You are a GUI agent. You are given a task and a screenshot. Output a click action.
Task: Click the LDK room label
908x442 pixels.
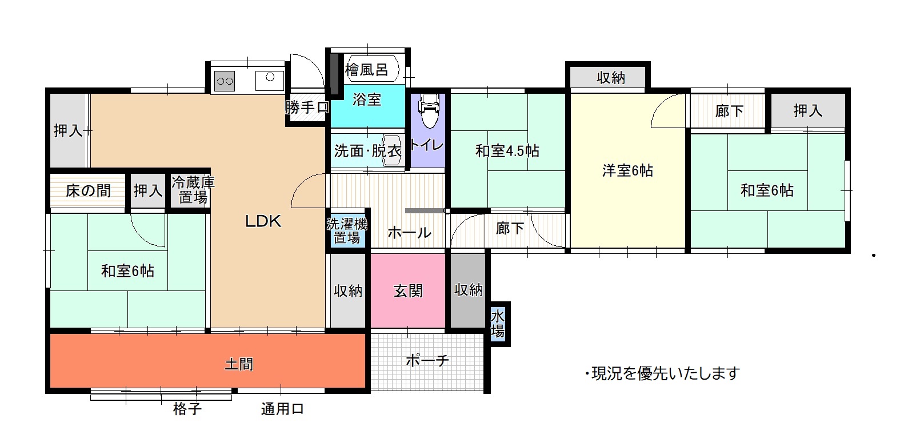pos(263,221)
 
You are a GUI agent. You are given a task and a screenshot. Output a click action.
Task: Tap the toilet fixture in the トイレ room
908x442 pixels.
pos(428,110)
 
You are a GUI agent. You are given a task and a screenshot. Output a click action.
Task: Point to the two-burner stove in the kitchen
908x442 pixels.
pos(225,81)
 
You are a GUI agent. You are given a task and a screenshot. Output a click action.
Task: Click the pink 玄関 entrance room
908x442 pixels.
pos(408,290)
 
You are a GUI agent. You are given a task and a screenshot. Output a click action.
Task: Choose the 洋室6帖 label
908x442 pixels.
pos(627,170)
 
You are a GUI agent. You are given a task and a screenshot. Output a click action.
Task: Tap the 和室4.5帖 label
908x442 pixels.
pos(507,151)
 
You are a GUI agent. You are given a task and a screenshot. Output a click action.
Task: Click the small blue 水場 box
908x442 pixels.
pos(498,324)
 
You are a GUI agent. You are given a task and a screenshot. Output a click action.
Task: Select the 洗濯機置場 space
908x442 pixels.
pos(347,230)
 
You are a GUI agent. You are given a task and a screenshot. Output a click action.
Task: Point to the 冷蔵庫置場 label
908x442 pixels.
pos(193,190)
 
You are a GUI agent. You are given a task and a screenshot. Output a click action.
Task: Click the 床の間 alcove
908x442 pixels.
pos(88,190)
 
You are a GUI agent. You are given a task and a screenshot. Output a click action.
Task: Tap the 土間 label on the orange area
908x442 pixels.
pos(239,364)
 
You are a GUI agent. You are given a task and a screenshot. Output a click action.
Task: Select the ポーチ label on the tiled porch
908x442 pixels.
pos(427,360)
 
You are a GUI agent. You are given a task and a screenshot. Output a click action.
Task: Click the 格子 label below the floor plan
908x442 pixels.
pos(187,408)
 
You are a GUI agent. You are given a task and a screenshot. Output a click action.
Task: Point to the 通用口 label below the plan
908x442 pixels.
pos(282,409)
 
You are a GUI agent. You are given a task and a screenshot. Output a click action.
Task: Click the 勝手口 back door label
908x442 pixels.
pos(307,107)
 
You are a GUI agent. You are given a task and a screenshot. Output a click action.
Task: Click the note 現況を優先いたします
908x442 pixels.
pos(662,373)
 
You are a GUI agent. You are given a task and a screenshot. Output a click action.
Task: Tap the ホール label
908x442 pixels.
pos(409,233)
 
